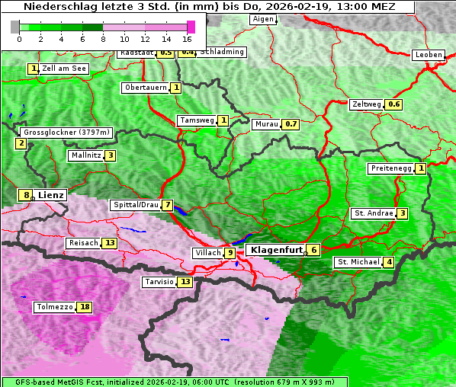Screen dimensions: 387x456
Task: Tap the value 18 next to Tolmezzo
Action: (85, 307)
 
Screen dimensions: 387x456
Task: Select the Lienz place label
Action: (50, 195)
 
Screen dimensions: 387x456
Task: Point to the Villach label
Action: (207, 253)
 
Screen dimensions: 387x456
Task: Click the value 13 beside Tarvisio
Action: (185, 282)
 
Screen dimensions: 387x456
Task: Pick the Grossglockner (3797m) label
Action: (66, 133)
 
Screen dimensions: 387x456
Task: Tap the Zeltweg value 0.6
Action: (394, 104)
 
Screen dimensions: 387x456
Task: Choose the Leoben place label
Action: (428, 55)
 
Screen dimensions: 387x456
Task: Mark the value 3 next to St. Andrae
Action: (402, 213)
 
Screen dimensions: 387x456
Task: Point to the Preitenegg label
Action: (390, 168)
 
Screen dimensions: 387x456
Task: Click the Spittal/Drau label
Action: (135, 205)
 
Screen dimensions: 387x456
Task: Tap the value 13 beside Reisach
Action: (109, 243)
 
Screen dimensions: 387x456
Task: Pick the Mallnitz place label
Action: (85, 155)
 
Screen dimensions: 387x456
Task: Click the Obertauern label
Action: (145, 88)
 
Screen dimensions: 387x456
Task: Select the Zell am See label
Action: (64, 69)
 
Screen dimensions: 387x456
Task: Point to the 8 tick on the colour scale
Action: (103, 38)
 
